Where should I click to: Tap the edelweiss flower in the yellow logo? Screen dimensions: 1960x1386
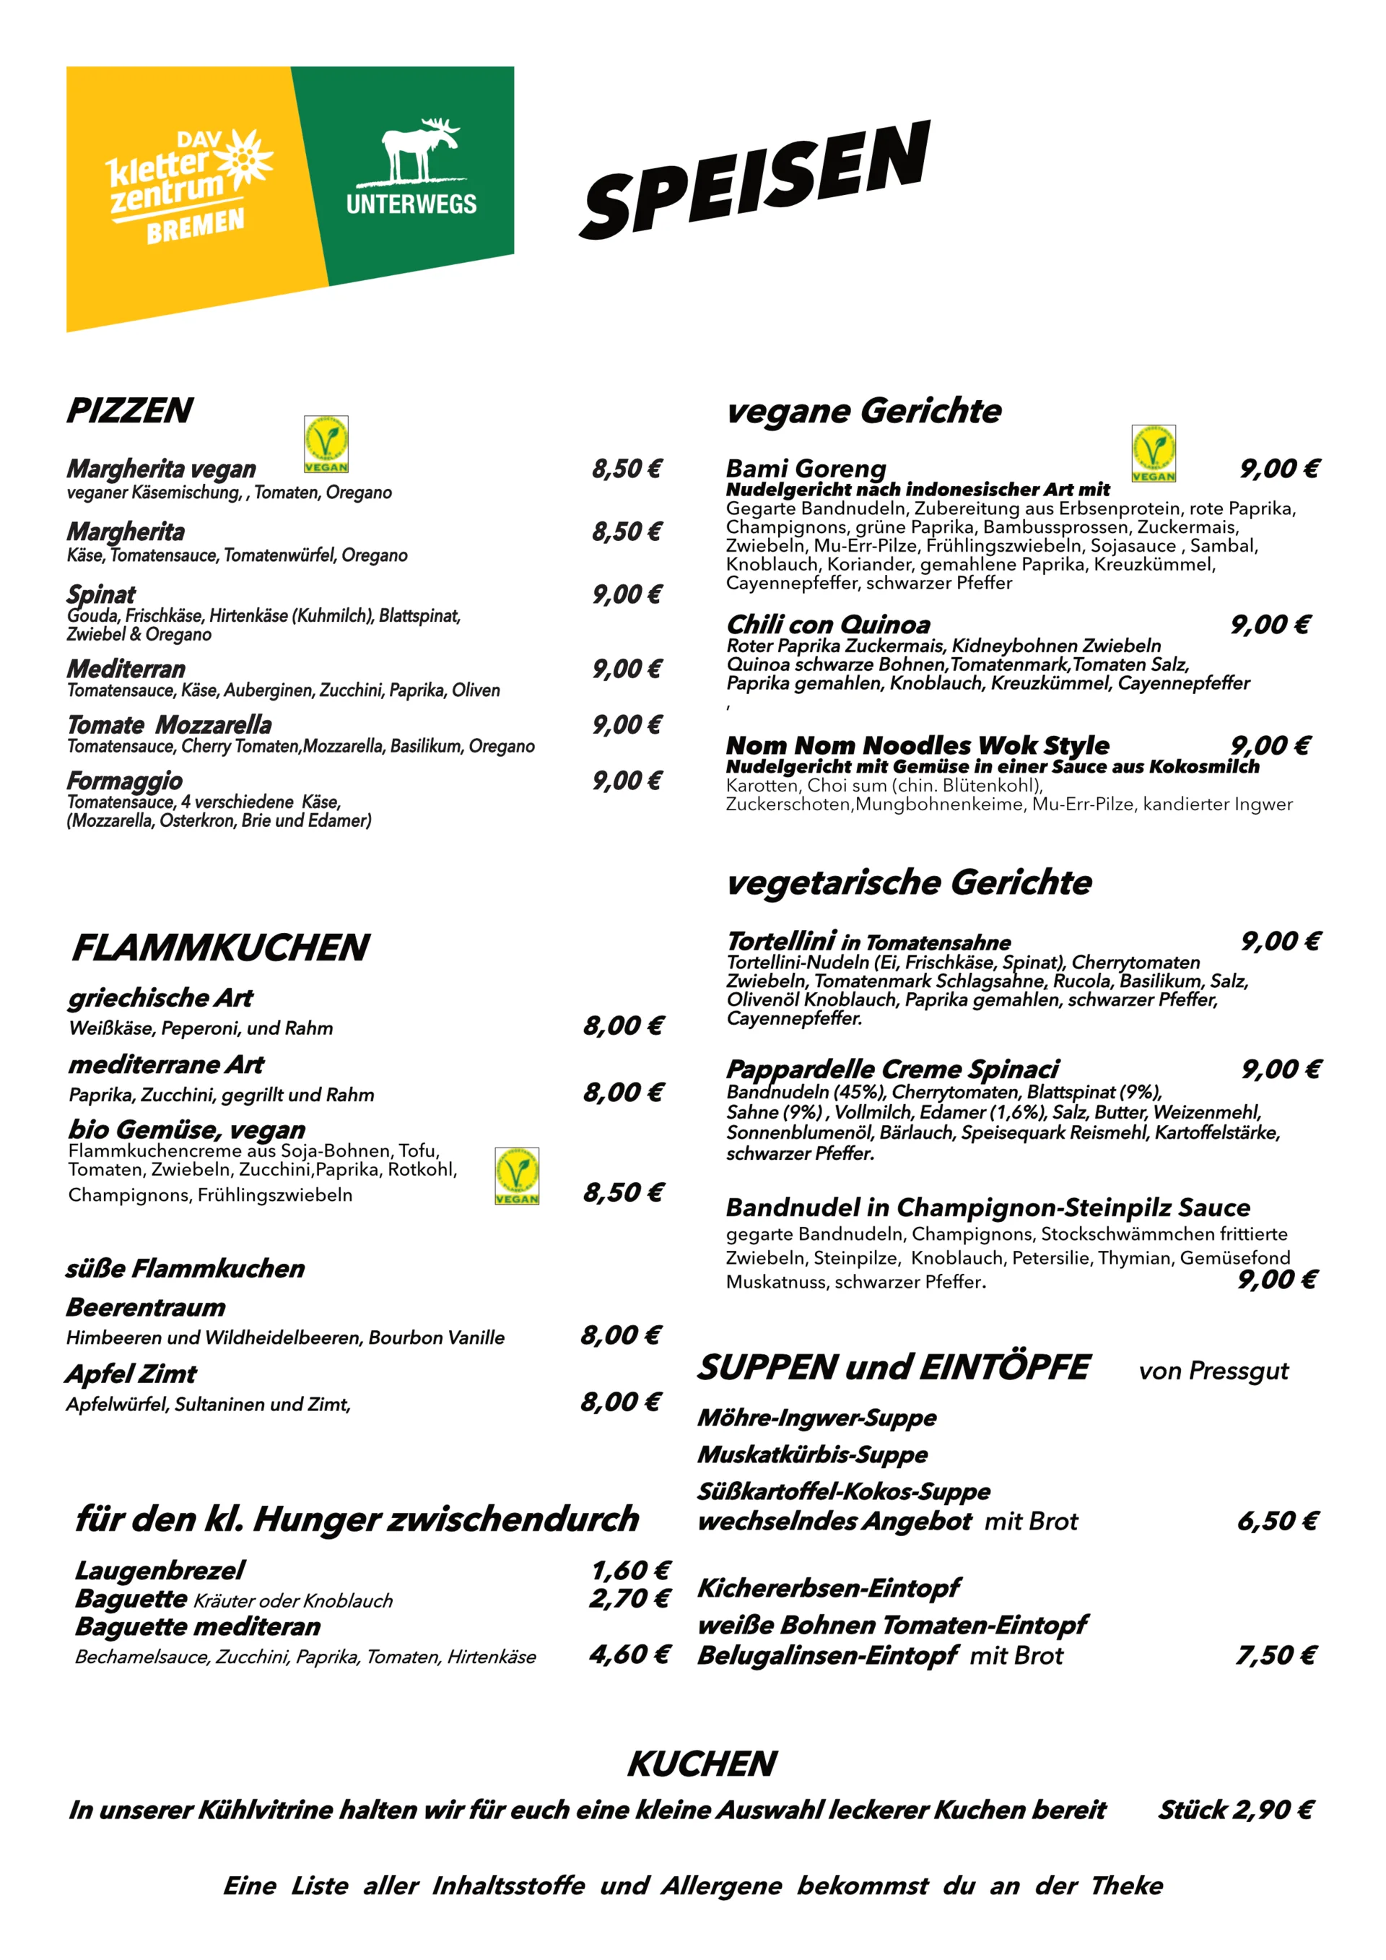[x=244, y=157]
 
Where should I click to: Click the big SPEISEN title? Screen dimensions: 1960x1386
[x=754, y=180]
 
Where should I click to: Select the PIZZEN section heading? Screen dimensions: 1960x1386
[x=130, y=411]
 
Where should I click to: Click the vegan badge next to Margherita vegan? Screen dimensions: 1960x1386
[x=326, y=444]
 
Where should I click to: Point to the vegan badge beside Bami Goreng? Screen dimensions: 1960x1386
[x=1153, y=454]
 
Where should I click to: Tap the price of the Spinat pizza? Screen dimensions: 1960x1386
[x=627, y=594]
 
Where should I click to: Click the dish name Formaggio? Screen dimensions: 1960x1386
[x=125, y=780]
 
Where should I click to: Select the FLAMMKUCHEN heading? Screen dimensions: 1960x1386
[x=220, y=948]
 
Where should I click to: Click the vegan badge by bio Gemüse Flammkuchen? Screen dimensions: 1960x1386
[x=516, y=1176]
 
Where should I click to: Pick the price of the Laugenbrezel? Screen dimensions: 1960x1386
[x=630, y=1570]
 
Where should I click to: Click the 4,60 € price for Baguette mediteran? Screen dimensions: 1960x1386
[x=629, y=1654]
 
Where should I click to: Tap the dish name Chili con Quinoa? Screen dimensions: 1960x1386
[x=828, y=624]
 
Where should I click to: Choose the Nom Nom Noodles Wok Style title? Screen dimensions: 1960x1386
[x=918, y=745]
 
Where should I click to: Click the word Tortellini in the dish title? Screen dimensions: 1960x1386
[x=781, y=941]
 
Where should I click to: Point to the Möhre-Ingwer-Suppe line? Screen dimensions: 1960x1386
[x=816, y=1417]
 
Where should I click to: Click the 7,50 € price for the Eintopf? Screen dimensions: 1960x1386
[x=1276, y=1655]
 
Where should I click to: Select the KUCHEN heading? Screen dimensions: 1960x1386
[x=702, y=1763]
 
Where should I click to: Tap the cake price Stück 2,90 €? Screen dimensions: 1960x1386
[x=1234, y=1809]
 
